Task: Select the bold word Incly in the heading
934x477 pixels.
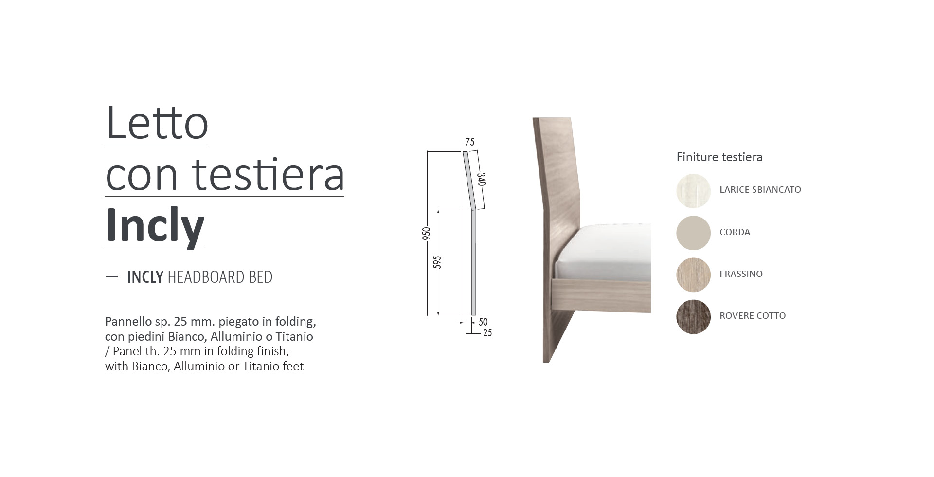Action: click(x=155, y=226)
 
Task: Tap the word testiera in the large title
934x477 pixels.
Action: click(x=269, y=174)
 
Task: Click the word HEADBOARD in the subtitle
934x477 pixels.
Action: click(x=206, y=277)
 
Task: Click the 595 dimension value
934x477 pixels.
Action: click(x=437, y=262)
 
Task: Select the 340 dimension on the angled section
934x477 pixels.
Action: click(x=482, y=179)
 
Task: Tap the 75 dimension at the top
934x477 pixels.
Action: click(x=469, y=142)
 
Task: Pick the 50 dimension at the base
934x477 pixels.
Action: click(x=483, y=322)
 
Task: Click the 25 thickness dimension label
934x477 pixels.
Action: click(x=487, y=333)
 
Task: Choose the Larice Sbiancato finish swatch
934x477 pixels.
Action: click(x=693, y=191)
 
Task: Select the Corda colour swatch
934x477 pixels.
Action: click(x=693, y=233)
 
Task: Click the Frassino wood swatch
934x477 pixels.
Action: click(x=693, y=275)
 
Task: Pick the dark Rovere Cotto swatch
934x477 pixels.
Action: click(x=693, y=316)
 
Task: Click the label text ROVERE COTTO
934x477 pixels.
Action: click(x=753, y=316)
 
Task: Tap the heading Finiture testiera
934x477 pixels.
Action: click(x=719, y=157)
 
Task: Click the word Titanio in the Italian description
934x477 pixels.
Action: click(x=294, y=336)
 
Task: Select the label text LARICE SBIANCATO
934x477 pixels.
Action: click(x=760, y=190)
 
